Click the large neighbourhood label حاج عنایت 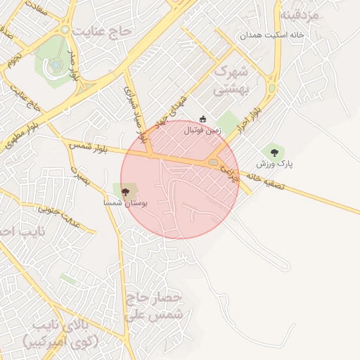point(106,32)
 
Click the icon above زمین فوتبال point(203,118)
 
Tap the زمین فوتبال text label point(202,130)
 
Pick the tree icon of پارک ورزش point(274,150)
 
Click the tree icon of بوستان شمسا point(126,191)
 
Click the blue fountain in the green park point(56,65)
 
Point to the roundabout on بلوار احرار point(272,89)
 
